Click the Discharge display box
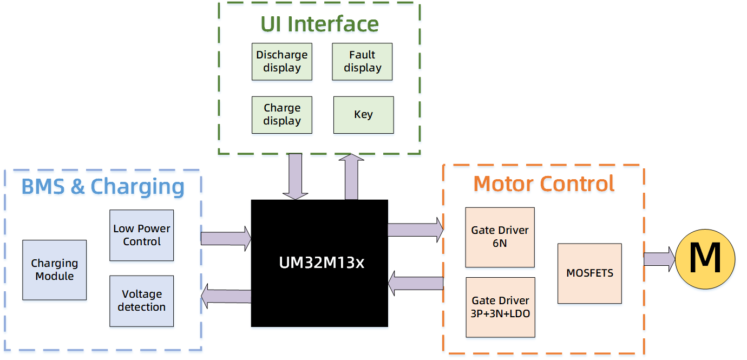[281, 62]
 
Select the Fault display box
[362, 62]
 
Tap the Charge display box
[281, 115]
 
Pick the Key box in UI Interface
[363, 115]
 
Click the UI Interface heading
[319, 24]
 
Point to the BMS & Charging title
[103, 186]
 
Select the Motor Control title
[543, 184]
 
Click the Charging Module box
[54, 270]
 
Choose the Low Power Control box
[141, 235]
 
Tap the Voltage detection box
[141, 300]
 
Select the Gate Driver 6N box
[500, 237]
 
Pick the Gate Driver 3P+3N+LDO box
[500, 307]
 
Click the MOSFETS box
[589, 273]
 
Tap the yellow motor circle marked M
[705, 259]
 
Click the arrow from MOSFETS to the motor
[658, 259]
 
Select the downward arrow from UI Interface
[295, 176]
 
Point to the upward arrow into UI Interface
[351, 176]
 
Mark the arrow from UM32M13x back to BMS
[226, 296]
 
